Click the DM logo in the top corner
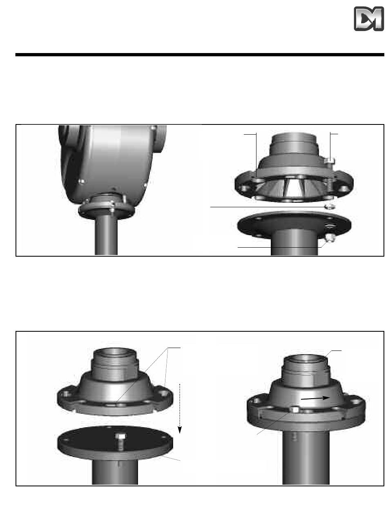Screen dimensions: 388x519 point(368,19)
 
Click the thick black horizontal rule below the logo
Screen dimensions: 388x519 point(200,55)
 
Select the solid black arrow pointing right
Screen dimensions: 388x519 point(315,398)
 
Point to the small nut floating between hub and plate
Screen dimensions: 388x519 point(328,207)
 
